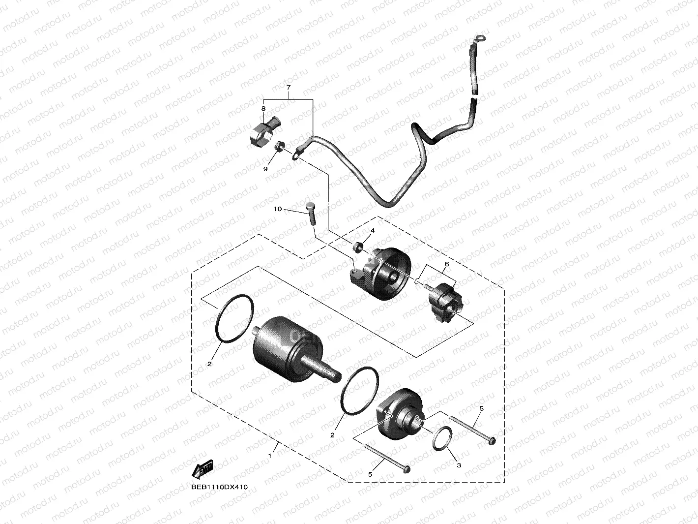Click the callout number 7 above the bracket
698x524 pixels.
[x=289, y=88]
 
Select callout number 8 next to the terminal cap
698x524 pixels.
[x=263, y=108]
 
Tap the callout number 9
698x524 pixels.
[x=265, y=169]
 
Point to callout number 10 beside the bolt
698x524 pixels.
[x=278, y=209]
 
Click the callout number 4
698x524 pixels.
[x=373, y=230]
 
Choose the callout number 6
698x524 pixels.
[x=446, y=264]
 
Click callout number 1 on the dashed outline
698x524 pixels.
[x=269, y=456]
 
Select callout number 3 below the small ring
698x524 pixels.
[x=459, y=464]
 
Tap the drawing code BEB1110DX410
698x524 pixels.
[x=220, y=487]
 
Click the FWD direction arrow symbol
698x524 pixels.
[x=203, y=470]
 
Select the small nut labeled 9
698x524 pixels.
[x=278, y=146]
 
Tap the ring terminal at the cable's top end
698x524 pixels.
[x=478, y=39]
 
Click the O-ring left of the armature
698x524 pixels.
[x=234, y=318]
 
